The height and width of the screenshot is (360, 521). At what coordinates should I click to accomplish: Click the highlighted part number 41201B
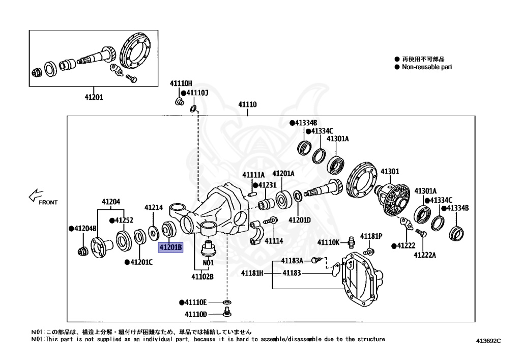pos(170,248)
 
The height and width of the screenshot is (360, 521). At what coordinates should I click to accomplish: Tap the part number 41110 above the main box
pos(248,105)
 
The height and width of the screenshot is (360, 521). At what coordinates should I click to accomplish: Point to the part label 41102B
pos(202,277)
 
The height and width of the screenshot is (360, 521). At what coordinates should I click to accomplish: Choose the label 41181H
pos(253,273)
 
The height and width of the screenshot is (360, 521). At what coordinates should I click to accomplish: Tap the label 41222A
pos(424,255)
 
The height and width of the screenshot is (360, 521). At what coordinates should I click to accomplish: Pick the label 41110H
pos(181,83)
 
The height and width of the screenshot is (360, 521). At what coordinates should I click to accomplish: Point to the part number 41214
pos(153,207)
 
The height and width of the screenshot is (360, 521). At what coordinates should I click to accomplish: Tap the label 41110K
pos(328,242)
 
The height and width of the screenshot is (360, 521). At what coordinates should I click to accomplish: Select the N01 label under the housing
pos(209,263)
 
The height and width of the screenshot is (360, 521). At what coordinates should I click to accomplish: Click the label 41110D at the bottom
pos(196,314)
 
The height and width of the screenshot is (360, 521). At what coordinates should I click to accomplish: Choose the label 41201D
pos(300,220)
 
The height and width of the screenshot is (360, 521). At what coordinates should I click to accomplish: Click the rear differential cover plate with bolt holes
pos(364,283)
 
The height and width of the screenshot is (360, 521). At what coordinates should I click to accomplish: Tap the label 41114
pos(273,241)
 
